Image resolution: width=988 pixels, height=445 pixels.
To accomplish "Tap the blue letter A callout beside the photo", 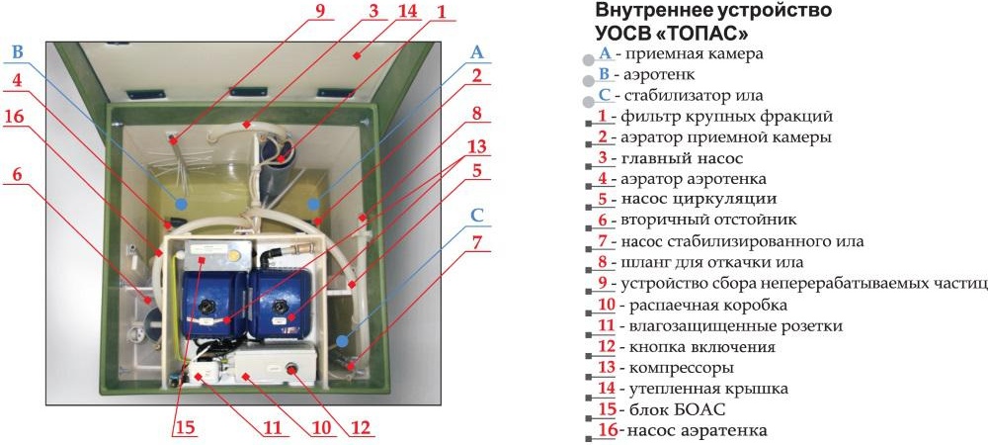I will coord(477,51).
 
